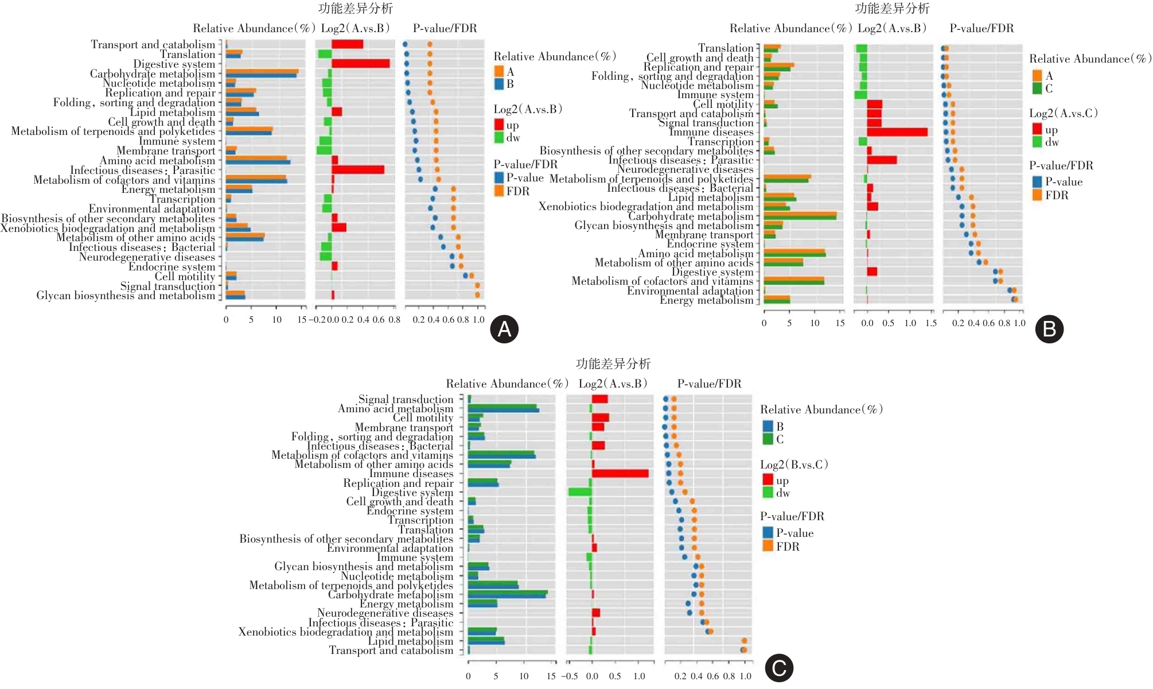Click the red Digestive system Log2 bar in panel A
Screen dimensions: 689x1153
tap(360, 64)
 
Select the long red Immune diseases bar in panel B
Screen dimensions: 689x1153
tap(897, 132)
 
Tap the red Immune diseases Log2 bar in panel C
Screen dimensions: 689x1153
tap(620, 474)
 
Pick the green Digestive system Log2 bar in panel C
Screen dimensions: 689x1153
tap(580, 492)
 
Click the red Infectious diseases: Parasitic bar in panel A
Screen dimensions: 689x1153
tap(358, 170)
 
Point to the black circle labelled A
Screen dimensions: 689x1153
tap(504, 329)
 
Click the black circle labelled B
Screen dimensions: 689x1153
tap(1049, 329)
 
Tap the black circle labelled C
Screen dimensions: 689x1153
tap(779, 668)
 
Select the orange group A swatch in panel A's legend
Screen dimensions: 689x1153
tap(499, 71)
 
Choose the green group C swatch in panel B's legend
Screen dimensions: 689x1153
tap(1037, 88)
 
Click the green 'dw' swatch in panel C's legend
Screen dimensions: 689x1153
tap(768, 493)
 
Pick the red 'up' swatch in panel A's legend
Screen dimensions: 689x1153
tap(499, 125)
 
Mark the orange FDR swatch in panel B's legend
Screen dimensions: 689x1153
tap(1037, 195)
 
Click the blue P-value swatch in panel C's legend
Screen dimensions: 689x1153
tap(768, 532)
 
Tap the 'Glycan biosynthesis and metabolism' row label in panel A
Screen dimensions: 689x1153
tap(126, 296)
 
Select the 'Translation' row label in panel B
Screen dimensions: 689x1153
tap(725, 48)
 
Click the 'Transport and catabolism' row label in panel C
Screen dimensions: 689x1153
tap(391, 651)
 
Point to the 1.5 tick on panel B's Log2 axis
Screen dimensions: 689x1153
tap(931, 323)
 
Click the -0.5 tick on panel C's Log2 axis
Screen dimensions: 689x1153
tap(569, 676)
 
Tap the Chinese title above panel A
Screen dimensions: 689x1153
tap(356, 8)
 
